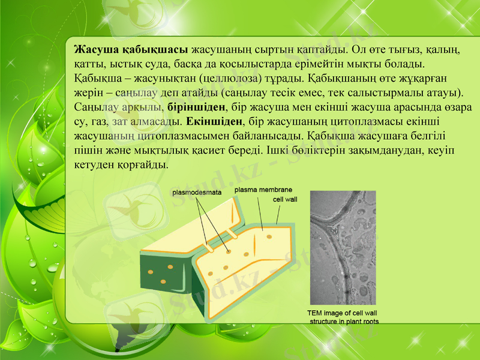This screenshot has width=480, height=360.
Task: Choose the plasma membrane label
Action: (263, 190)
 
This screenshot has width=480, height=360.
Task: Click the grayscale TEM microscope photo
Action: (342, 247)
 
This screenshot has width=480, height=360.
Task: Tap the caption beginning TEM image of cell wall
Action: (343, 317)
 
